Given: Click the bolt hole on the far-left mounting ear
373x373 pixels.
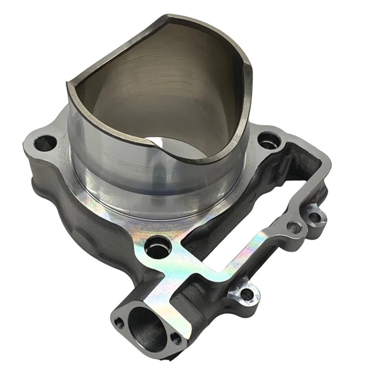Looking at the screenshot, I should click(45, 143).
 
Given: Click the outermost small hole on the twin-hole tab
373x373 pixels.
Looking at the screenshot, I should click(315, 217).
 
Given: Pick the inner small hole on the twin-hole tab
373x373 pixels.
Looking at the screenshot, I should click(294, 228).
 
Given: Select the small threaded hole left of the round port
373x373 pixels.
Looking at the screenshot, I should click(119, 321).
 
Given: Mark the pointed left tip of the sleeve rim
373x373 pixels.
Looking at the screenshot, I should click(68, 85).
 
